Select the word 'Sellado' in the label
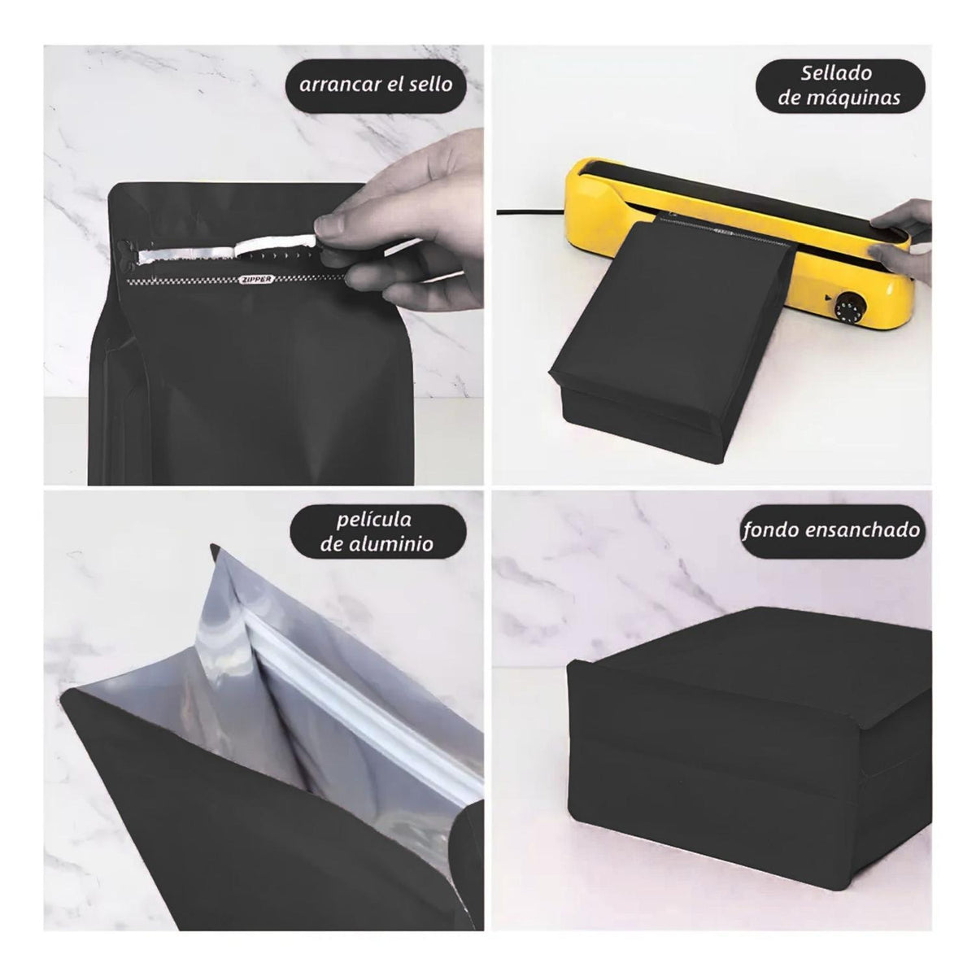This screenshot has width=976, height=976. [836, 73]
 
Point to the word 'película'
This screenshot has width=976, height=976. [374, 520]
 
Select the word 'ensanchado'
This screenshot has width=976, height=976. [861, 529]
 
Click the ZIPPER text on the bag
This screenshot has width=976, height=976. [256, 279]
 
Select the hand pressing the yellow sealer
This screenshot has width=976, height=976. [901, 238]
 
